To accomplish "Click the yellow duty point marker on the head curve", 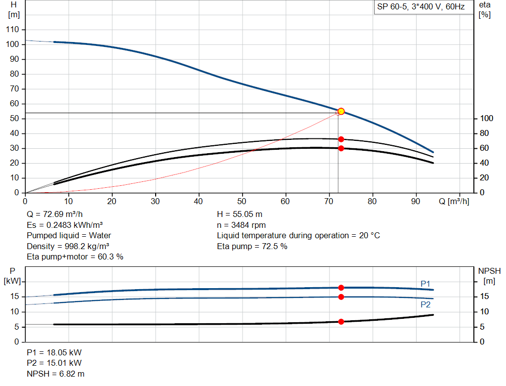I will point(341,111).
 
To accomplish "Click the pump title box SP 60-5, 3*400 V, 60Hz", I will point(420,7).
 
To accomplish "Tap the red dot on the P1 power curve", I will point(341,288).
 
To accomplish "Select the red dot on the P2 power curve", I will point(341,297).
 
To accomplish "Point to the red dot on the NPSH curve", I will point(341,322).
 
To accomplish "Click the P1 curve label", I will point(425,284).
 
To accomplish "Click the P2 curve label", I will point(425,305).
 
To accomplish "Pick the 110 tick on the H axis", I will point(13,30).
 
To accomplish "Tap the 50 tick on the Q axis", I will point(242,201).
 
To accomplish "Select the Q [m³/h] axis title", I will point(454,201).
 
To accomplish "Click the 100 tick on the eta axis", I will point(484,119).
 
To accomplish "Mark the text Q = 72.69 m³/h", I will point(54,214).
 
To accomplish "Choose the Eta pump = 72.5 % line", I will point(252,246).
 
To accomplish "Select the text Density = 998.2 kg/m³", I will point(68,246).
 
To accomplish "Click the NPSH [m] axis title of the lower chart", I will point(489,276).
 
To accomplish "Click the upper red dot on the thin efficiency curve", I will point(341,139).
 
